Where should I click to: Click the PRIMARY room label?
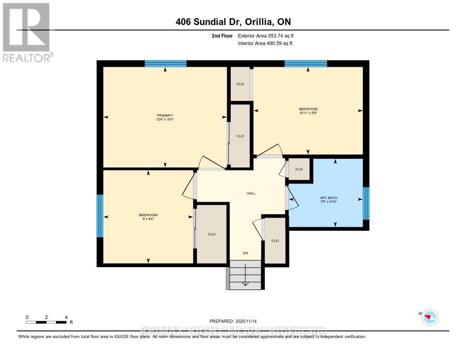coord(165,115)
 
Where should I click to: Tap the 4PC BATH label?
coord(328,198)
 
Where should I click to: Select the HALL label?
coord(251,193)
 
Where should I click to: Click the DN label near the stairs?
coord(245,254)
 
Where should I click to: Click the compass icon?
coord(430,317)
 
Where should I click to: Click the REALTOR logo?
coord(26,32)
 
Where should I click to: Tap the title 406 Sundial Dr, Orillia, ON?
coord(233,21)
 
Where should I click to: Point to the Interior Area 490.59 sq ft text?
coord(265,43)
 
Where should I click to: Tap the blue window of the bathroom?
coord(366,203)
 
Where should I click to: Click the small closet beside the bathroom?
coord(299,169)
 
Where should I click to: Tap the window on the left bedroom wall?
coord(100,216)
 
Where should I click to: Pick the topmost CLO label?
coord(240,84)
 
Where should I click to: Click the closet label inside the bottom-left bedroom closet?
coord(211,234)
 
